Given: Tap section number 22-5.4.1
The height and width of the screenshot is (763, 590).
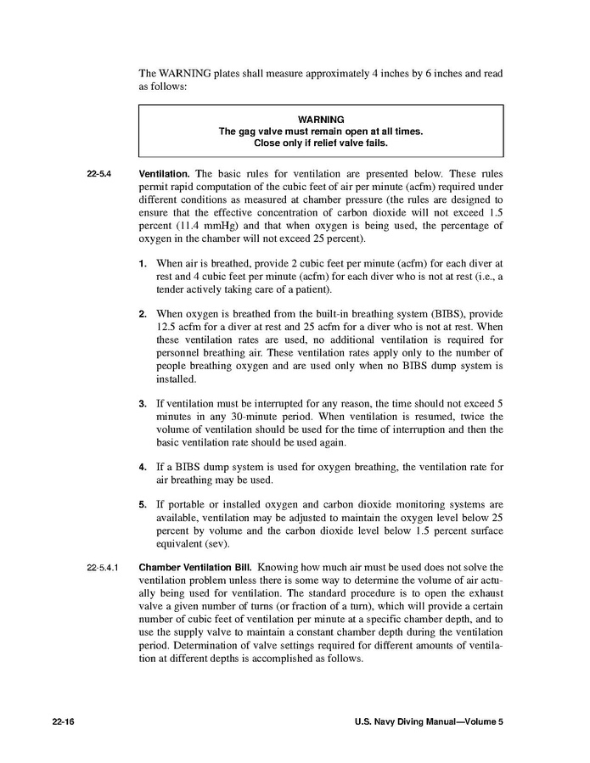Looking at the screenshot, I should click(103, 567).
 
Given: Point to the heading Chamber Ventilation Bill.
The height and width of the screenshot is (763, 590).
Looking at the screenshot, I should click(195, 567).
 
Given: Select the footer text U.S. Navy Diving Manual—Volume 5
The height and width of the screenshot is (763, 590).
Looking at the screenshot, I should click(428, 722).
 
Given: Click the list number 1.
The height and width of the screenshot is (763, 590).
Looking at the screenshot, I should click(143, 263).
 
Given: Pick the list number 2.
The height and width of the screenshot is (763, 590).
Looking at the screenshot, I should click(143, 315).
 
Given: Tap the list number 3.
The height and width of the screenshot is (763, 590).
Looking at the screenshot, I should click(143, 403).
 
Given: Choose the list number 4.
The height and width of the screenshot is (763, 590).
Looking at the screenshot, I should click(143, 467).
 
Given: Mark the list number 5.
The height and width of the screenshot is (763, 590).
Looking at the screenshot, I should click(143, 505).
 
